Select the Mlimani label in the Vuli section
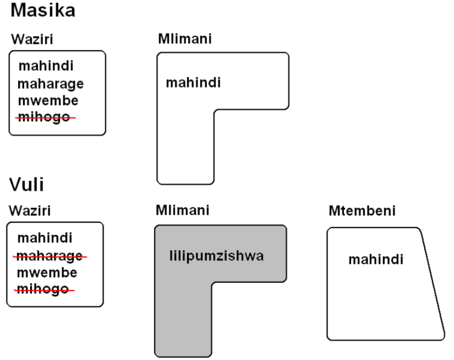coord(176,211)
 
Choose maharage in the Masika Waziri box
coord(51,83)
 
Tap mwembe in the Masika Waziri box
coord(48,99)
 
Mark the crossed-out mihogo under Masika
coord(44,117)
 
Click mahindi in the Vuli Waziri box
coord(44,237)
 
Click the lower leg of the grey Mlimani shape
coord(183,323)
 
